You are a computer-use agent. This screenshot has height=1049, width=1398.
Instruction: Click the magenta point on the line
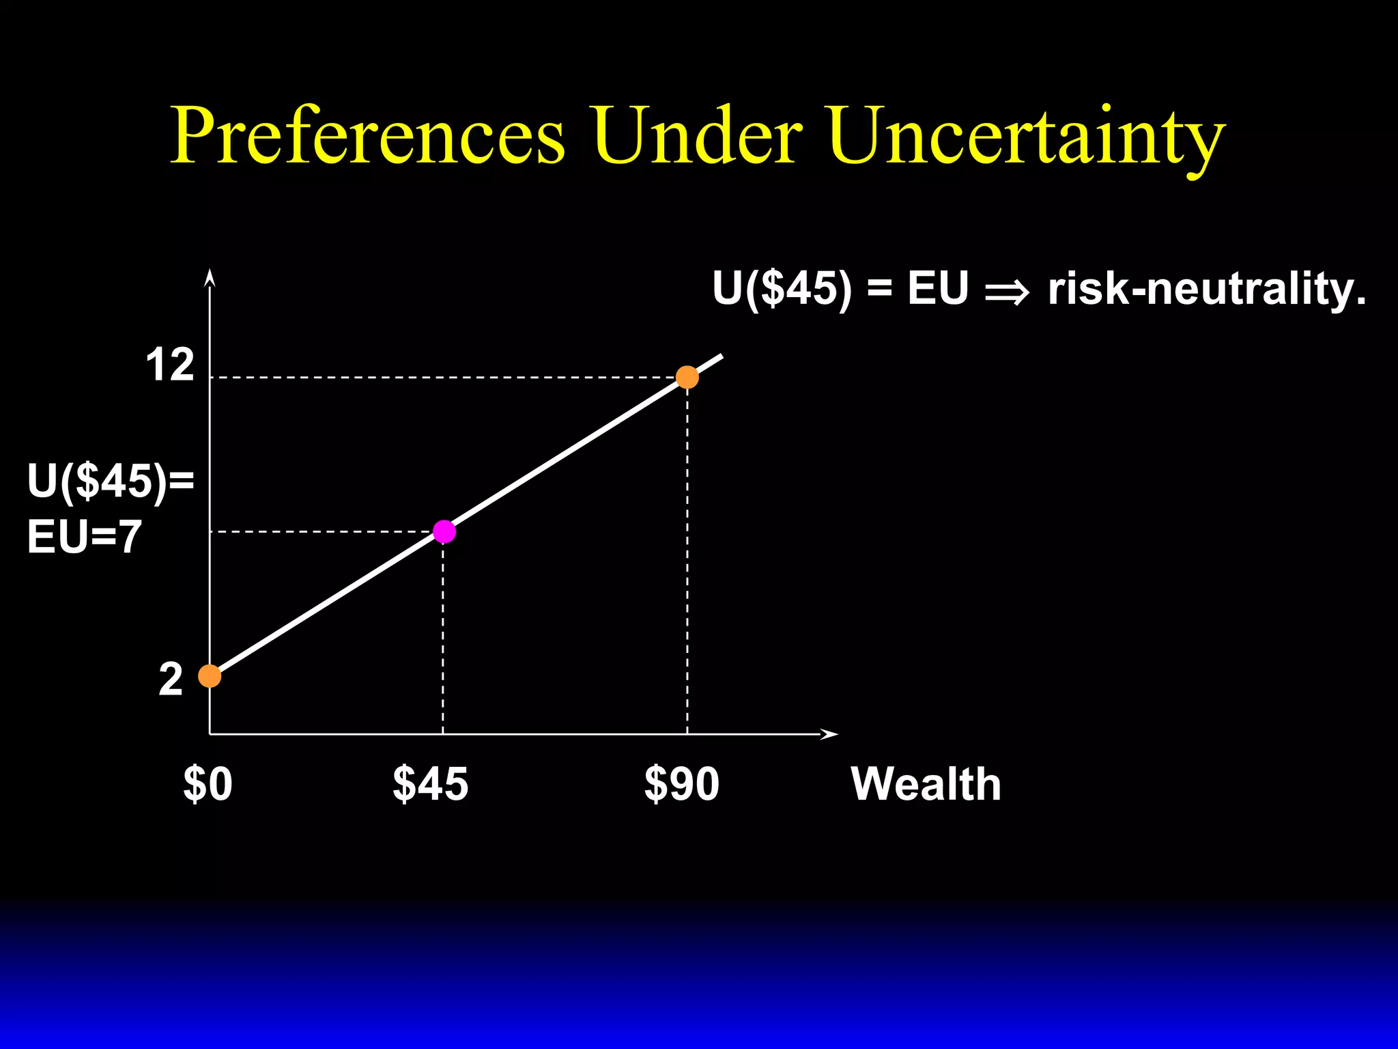coord(444,531)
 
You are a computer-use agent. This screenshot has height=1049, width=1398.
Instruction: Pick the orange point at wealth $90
coord(687,377)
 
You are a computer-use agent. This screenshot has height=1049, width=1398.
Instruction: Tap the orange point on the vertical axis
coord(210,676)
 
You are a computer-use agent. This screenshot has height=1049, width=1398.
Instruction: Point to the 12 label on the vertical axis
coord(170,365)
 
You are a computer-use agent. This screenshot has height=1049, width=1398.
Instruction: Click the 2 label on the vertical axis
coord(171,680)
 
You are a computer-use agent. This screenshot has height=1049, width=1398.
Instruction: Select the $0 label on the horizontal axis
coord(208,784)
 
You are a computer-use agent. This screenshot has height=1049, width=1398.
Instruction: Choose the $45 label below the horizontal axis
coord(431,784)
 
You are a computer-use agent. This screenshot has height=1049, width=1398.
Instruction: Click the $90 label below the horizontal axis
coord(681,784)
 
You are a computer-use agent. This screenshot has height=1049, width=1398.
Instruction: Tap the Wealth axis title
coord(926,784)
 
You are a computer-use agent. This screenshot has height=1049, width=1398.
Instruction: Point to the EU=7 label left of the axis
coord(85,537)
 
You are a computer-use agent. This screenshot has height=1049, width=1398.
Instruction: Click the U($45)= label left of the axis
coord(111,481)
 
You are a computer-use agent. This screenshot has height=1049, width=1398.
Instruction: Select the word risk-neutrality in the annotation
coord(1206,289)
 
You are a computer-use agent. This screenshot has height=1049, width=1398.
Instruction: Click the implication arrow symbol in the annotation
coord(1007,292)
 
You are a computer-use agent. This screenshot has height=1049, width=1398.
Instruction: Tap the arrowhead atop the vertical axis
coord(210,277)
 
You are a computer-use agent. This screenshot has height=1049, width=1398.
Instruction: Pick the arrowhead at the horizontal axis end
coord(829,734)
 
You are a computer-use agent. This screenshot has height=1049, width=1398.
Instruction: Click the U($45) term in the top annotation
coord(782,289)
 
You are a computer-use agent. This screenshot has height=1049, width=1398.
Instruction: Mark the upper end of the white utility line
coord(721,356)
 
